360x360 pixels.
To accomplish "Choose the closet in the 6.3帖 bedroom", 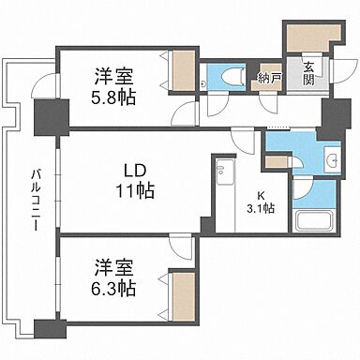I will pos(181,288).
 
